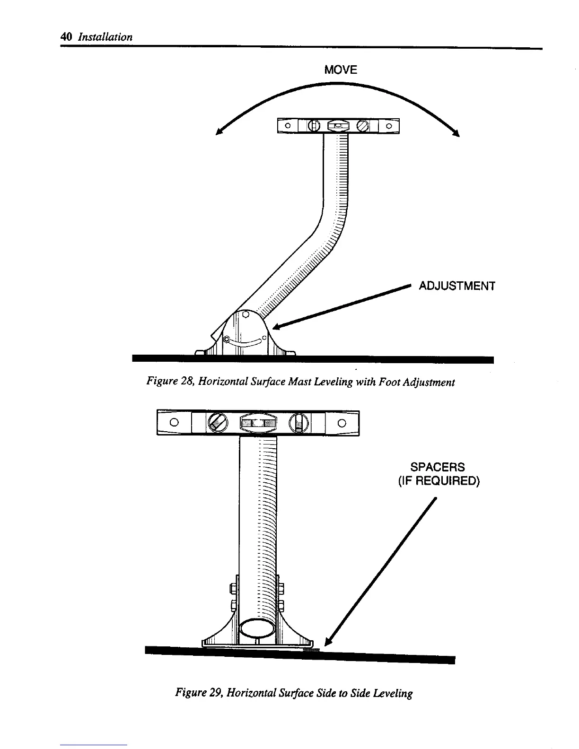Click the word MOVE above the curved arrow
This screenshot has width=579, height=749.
click(341, 70)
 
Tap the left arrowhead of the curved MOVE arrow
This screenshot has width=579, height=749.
click(219, 132)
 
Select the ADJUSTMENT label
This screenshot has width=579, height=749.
click(457, 286)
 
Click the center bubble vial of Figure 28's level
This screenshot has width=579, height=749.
click(338, 126)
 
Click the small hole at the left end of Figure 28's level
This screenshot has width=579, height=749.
click(287, 126)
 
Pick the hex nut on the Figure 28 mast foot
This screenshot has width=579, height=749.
click(227, 339)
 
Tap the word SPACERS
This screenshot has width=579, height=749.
click(438, 467)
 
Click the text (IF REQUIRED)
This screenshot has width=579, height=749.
click(439, 481)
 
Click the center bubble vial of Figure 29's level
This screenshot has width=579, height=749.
click(258, 422)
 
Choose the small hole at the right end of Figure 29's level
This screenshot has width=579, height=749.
click(342, 422)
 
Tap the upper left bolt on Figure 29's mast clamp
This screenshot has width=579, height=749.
click(233, 588)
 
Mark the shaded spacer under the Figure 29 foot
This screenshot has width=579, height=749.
click(311, 650)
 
